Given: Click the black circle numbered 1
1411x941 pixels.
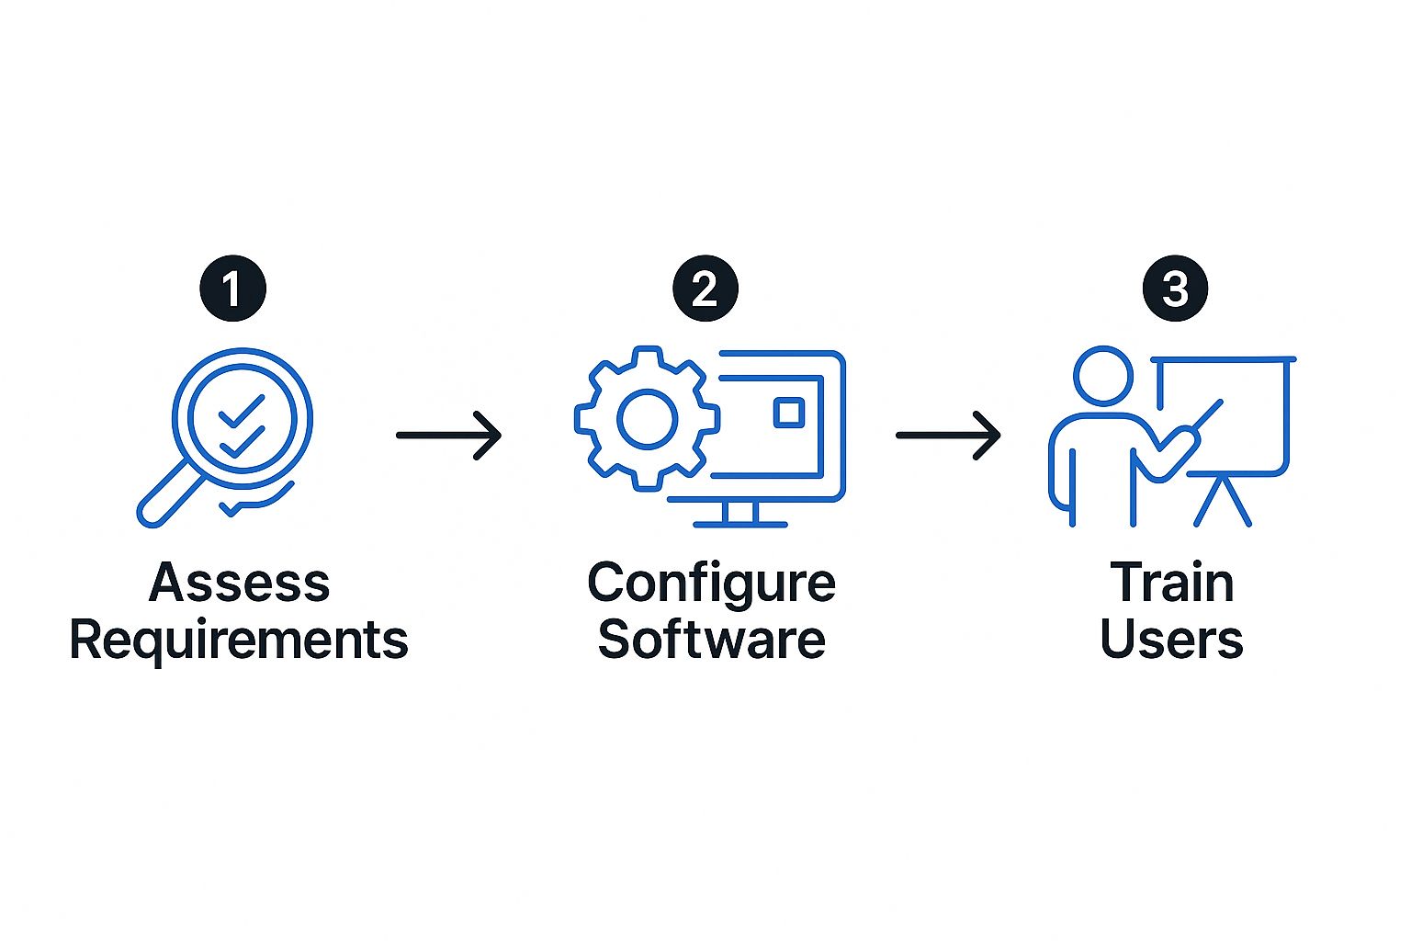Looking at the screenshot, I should (x=232, y=289).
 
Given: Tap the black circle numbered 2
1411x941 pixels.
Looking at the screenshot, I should (x=705, y=289).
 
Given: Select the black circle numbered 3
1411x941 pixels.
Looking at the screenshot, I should (x=1175, y=289).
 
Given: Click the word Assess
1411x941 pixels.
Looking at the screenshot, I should (x=239, y=583).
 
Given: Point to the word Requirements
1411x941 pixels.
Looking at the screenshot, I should (x=239, y=640).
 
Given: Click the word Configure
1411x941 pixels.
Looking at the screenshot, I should (x=711, y=583).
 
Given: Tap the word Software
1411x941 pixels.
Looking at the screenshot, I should (x=711, y=640).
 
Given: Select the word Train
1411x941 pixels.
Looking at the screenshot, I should (x=1171, y=583).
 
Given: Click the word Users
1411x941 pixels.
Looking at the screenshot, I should (x=1171, y=640).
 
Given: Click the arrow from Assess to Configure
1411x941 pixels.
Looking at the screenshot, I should (x=449, y=435).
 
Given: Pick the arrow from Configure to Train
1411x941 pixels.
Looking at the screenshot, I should (x=948, y=435).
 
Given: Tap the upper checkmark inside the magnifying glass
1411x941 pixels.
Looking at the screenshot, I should (x=241, y=411).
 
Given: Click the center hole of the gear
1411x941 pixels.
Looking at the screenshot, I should (x=648, y=419).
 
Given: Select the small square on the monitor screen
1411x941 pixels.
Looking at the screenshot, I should (x=788, y=412).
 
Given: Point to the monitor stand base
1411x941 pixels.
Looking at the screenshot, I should (x=739, y=524).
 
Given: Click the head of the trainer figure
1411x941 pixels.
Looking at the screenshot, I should (x=1103, y=375).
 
